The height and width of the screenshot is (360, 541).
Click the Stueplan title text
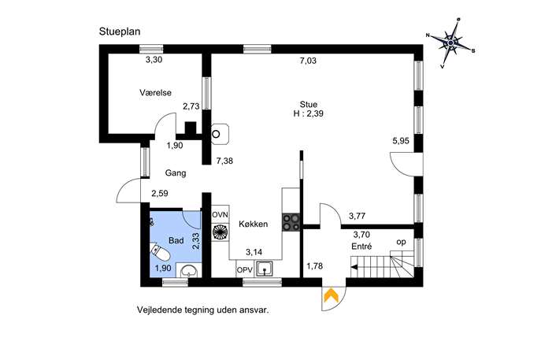coord(120,32)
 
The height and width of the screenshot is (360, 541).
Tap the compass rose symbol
coord(450,43)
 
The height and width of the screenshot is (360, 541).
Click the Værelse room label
coord(155,92)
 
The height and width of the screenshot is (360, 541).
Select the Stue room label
coord(309,104)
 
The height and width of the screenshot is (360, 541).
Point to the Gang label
coord(176,173)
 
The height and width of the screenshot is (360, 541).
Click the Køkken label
coord(254,224)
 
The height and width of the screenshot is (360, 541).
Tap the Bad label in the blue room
coord(176,240)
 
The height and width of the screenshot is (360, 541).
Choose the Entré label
coord(361,247)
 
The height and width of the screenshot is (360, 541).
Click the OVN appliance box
coord(220,215)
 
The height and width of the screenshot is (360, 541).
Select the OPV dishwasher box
coord(245,270)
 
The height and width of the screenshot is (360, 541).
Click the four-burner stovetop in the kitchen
coord(291,223)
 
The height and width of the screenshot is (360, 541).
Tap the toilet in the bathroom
coord(160,252)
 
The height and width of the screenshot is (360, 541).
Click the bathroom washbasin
coord(188,270)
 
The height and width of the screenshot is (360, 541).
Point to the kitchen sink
coord(264,269)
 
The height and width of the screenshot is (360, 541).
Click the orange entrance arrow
coord(331,295)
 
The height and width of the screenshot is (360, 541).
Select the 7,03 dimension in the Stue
coord(308,61)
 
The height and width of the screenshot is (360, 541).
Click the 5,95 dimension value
coord(401,141)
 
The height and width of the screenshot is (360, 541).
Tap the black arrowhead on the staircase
coord(354,267)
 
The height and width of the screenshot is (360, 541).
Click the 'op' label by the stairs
coord(401,243)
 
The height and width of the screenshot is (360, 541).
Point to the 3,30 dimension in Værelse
coord(154,60)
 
